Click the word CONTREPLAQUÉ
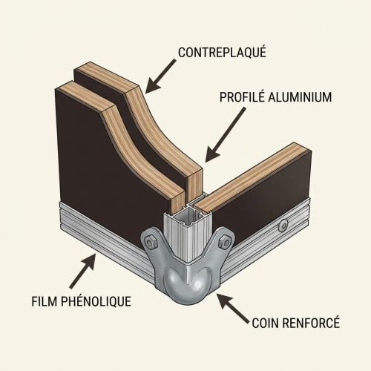tap(222, 52)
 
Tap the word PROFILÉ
tap(242, 96)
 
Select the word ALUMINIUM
tap(300, 97)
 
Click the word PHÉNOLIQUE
tap(96, 301)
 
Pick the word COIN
tap(265, 323)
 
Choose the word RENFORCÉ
tap(311, 323)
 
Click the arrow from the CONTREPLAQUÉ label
tap(160, 76)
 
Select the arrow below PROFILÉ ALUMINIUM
tap(226, 134)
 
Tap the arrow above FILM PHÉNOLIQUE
tap(82, 271)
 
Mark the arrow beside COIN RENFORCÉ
tap(233, 308)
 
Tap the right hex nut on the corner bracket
tap(225, 240)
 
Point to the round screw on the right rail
tap(283, 226)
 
